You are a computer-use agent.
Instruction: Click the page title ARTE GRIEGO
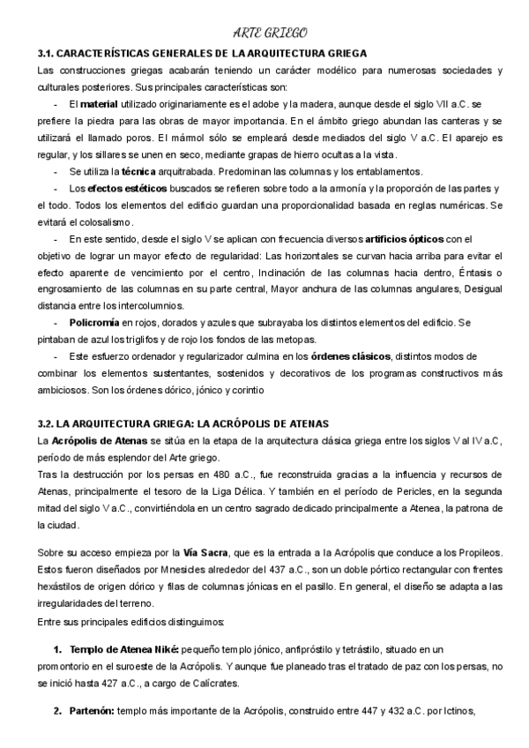tap(265, 34)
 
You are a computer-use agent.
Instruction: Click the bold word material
tap(108, 104)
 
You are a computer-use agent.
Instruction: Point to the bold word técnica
tap(139, 171)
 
